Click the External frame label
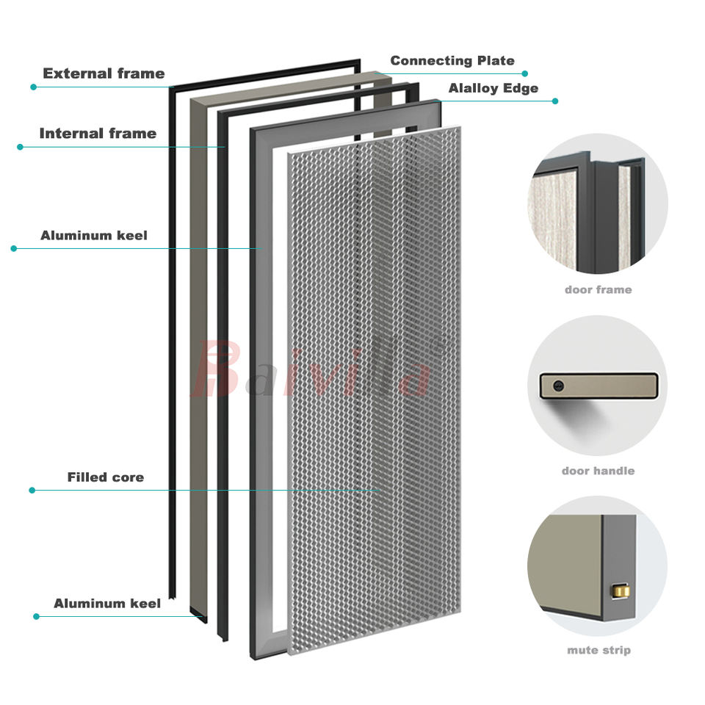click(104, 73)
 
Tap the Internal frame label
click(98, 134)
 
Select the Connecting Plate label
click(452, 61)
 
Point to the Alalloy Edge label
click(493, 88)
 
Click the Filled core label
click(105, 477)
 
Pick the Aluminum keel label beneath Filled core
click(106, 604)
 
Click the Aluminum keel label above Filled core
click(93, 236)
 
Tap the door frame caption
click(598, 290)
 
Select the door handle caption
click(598, 471)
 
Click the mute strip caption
click(598, 650)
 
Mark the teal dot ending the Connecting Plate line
click(525, 73)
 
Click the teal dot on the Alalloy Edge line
click(555, 101)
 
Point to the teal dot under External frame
click(33, 87)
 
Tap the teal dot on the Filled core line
click(32, 490)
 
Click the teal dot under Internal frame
click(20, 147)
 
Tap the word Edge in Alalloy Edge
click(520, 88)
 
